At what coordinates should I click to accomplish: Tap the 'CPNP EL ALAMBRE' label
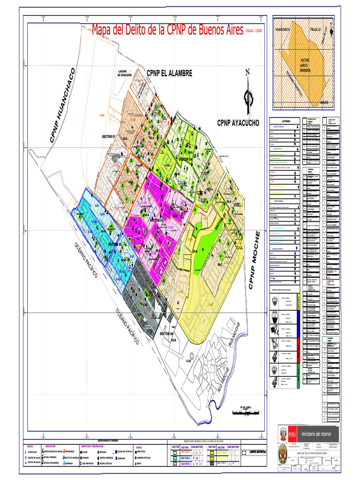[x=169, y=73]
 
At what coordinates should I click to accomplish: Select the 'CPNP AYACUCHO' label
[x=239, y=123]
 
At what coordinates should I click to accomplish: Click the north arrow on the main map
[x=248, y=94]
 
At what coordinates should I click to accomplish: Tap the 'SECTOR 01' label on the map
[x=112, y=136]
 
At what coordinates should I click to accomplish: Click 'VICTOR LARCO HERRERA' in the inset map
[x=305, y=65]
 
